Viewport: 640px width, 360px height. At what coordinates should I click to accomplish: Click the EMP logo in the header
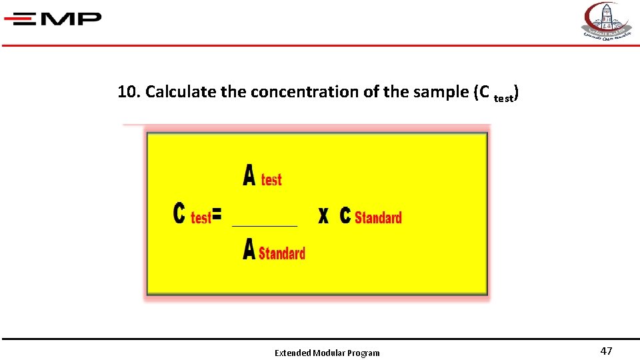click(x=53, y=19)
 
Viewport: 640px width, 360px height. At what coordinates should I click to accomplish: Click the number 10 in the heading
click(x=127, y=92)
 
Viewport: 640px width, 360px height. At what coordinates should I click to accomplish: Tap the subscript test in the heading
click(x=503, y=98)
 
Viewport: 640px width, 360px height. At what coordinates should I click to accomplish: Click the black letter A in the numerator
click(x=249, y=176)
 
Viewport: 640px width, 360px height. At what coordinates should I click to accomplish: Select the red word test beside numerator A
click(x=271, y=179)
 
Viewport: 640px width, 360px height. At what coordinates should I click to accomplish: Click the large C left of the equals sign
click(x=179, y=214)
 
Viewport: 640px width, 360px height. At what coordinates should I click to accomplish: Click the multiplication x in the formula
click(x=323, y=215)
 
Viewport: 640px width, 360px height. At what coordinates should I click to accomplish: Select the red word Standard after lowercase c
click(x=378, y=217)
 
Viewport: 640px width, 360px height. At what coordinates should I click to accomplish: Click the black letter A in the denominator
click(x=249, y=250)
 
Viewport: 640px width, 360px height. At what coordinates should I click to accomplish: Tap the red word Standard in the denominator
click(x=282, y=253)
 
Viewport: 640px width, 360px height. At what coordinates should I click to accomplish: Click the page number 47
click(x=606, y=351)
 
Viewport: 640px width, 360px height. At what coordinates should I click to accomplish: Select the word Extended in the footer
click(x=292, y=353)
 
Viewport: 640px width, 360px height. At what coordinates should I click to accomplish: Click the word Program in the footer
click(x=363, y=353)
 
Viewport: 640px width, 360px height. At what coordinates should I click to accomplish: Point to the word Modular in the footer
click(x=328, y=353)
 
